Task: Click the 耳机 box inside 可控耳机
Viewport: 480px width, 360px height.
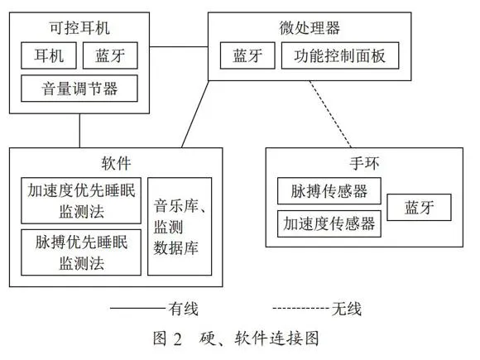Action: (x=49, y=55)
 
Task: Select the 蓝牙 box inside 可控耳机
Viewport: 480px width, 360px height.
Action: (x=110, y=55)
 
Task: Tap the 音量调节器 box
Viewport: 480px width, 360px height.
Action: (x=79, y=89)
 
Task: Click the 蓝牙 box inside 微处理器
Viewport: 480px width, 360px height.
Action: (x=247, y=55)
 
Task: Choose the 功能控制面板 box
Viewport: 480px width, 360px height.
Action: (x=340, y=55)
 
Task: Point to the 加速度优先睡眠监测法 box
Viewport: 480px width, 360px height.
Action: (x=81, y=200)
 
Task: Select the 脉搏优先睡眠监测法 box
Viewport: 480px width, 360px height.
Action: (x=81, y=252)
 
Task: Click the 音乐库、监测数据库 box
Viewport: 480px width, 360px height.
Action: (x=180, y=227)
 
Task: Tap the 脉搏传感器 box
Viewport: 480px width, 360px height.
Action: (x=329, y=190)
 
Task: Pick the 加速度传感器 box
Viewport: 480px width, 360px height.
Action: (x=329, y=223)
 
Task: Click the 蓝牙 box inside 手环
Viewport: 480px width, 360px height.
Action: (x=419, y=207)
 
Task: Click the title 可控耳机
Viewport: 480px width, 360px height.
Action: (x=79, y=28)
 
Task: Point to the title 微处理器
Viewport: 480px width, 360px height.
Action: (x=310, y=28)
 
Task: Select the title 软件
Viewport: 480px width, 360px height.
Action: (x=116, y=163)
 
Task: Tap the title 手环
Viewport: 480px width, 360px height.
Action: (x=364, y=163)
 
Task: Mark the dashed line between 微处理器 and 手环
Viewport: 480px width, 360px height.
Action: (x=330, y=114)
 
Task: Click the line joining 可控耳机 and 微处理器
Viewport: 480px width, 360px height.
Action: (x=179, y=47)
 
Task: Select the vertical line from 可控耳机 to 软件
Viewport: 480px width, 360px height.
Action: (x=79, y=131)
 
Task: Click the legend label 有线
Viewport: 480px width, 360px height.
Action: (x=184, y=309)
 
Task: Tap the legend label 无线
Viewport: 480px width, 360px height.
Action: (x=347, y=309)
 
